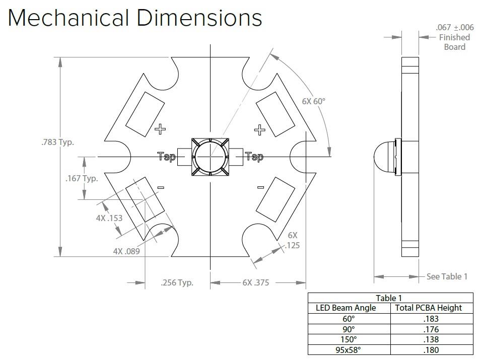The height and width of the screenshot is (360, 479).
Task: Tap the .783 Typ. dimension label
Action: [x=58, y=142]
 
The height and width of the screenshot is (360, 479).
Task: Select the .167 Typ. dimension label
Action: [x=82, y=178]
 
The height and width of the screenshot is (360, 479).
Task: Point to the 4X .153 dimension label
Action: [x=109, y=218]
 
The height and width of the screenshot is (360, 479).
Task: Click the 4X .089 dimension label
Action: [x=126, y=251]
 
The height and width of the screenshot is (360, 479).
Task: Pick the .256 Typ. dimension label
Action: [x=177, y=282]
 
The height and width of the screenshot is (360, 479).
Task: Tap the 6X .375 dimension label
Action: [x=256, y=282]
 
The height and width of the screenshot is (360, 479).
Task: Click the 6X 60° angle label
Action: [x=314, y=101]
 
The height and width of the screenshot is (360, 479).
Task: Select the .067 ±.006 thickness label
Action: [x=455, y=28]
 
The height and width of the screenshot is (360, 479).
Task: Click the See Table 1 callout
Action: [x=447, y=276]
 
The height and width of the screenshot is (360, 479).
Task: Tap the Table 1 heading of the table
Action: [x=389, y=298]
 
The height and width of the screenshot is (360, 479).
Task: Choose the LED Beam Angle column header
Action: [x=346, y=308]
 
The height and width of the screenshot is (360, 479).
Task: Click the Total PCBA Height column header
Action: [x=429, y=308]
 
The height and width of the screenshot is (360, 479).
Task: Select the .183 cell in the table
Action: [x=431, y=319]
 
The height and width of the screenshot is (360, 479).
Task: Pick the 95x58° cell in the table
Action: [x=348, y=350]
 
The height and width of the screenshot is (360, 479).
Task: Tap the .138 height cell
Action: [x=431, y=339]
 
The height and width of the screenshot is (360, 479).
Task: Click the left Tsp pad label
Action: [x=167, y=157]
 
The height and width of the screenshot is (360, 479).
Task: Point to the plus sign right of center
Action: [x=260, y=130]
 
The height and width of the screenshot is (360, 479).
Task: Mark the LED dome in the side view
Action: [x=384, y=157]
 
